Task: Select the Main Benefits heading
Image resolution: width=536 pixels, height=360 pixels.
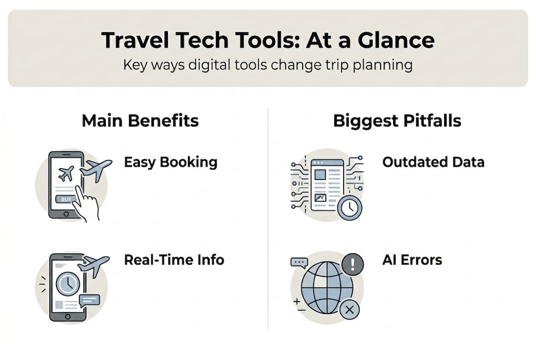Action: coord(140,120)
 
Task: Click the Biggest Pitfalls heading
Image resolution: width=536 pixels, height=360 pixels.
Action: coord(397,120)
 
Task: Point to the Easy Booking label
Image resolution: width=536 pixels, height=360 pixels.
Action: coord(170,162)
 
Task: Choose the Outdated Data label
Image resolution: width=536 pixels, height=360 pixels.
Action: coord(433,162)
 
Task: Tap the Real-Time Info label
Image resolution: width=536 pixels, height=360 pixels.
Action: coord(174,260)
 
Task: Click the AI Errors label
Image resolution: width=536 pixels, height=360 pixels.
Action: coord(412,260)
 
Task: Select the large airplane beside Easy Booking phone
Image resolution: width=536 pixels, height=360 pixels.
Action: coord(96,170)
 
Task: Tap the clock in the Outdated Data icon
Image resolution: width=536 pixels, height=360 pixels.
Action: coord(349,207)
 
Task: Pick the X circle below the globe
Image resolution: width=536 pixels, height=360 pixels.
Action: coord(350,310)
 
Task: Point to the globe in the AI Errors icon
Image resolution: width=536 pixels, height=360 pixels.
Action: coord(327,287)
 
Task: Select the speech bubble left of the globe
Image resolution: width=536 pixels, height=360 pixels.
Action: coord(300,262)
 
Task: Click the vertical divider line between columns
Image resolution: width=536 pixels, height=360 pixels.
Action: coord(268,220)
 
